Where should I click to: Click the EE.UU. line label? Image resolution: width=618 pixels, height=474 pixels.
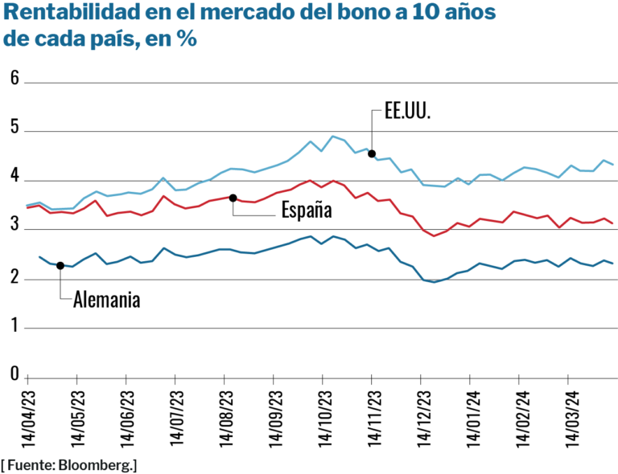click(x=407, y=113)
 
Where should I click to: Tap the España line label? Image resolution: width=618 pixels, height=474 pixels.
click(x=307, y=210)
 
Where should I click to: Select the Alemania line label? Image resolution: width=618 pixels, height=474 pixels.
click(x=107, y=300)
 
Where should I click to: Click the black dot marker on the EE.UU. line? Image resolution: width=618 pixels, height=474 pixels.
click(x=372, y=153)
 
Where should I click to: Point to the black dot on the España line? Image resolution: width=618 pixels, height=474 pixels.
click(x=233, y=198)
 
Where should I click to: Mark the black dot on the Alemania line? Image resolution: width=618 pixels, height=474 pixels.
click(x=60, y=265)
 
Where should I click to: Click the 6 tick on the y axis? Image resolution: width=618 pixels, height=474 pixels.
click(x=14, y=77)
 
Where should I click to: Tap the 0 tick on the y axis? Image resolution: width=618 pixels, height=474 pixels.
click(x=14, y=374)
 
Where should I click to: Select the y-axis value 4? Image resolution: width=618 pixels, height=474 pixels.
click(x=14, y=177)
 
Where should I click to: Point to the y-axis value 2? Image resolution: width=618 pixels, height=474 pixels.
click(x=14, y=275)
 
